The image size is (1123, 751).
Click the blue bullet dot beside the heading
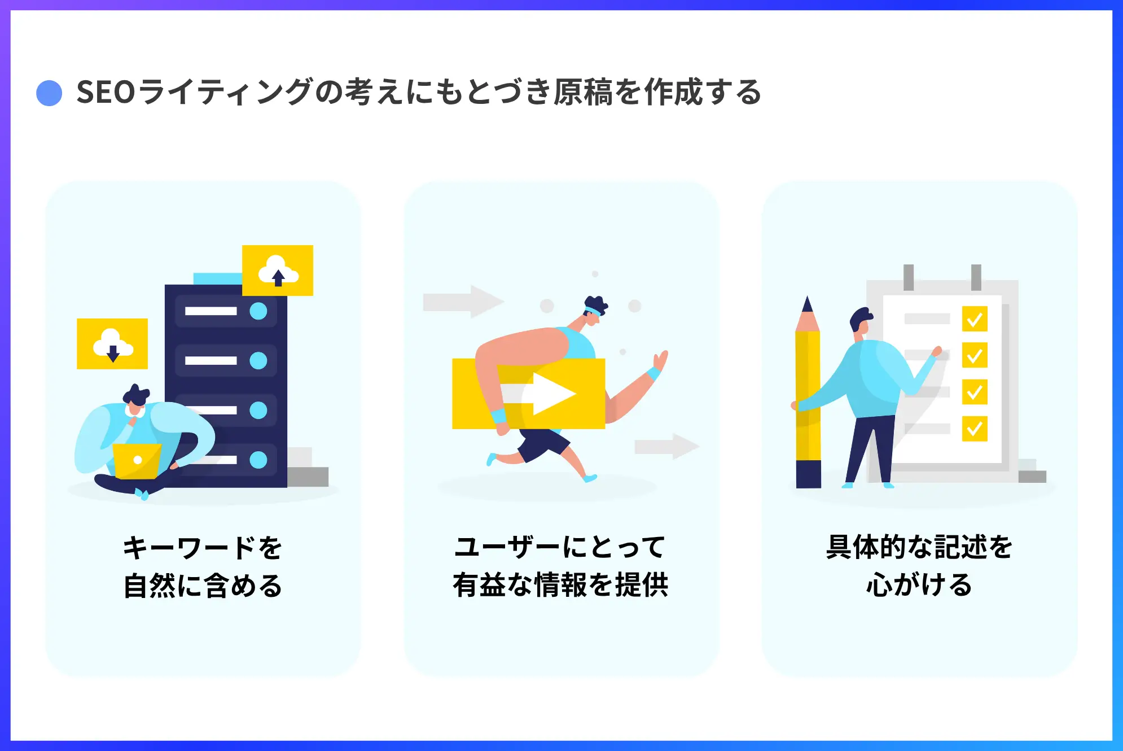tap(49, 93)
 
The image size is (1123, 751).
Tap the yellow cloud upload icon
tap(278, 270)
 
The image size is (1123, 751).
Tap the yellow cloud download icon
tap(112, 344)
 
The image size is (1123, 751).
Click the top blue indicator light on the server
tap(258, 311)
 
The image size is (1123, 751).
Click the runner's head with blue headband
tap(595, 310)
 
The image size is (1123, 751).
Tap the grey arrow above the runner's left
tap(463, 302)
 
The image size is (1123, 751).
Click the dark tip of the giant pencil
tap(808, 305)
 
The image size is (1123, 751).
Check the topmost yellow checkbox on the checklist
tap(975, 320)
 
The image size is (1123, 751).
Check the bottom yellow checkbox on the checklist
tap(975, 429)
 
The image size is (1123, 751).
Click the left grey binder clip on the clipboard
tap(909, 277)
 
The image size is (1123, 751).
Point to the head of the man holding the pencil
tap(861, 322)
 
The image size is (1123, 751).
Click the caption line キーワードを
tap(203, 548)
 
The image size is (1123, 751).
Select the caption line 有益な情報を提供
tap(560, 585)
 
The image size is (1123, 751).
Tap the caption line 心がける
tap(919, 585)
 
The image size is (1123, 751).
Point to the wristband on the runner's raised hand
tap(654, 373)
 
